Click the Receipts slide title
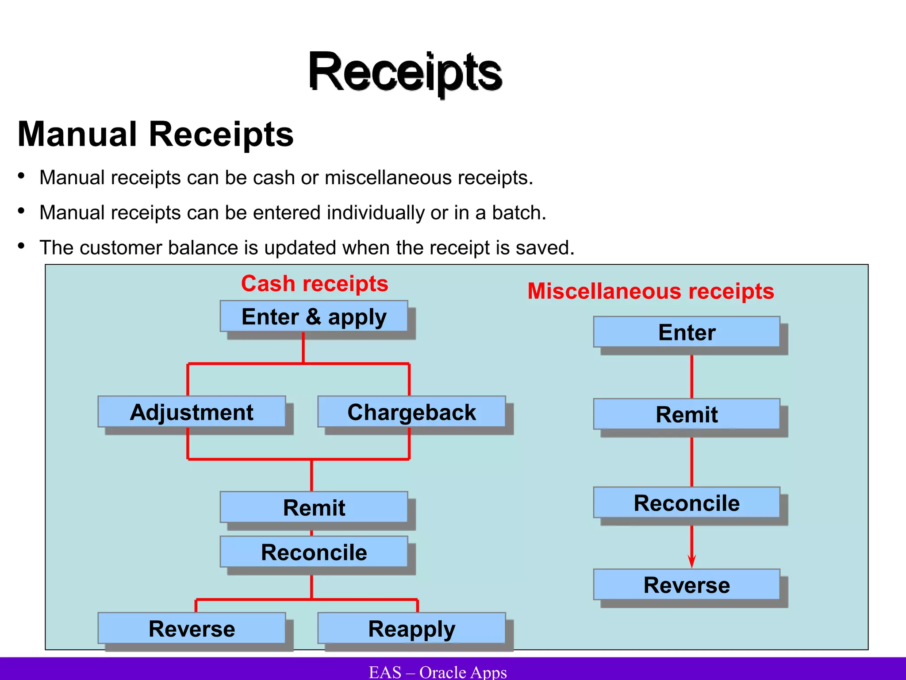coord(405,72)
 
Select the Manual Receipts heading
coord(156,134)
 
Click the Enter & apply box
coord(314,317)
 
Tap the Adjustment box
coord(192,412)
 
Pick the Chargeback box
coord(411,412)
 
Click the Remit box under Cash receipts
coord(314,507)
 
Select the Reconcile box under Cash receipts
coord(314,552)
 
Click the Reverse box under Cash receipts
coord(192,629)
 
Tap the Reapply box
coord(411,629)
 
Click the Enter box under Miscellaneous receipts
coord(687,332)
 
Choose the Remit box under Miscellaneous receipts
coord(687,414)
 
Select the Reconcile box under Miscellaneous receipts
coord(687,503)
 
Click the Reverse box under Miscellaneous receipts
coord(687,585)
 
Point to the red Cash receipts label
coord(315,283)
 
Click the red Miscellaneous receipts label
coord(651,291)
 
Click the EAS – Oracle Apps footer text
coord(438,672)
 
